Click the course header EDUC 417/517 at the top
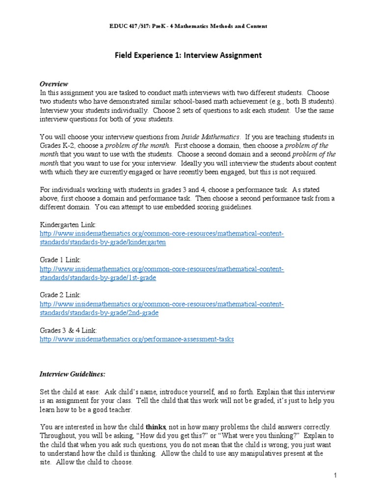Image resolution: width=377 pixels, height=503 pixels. [188, 27]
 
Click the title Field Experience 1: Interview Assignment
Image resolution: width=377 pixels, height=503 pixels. [188, 56]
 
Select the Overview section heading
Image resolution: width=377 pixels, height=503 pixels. [54, 84]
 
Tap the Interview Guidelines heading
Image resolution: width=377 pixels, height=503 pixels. [72, 374]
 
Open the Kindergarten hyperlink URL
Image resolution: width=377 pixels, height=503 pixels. [162, 238]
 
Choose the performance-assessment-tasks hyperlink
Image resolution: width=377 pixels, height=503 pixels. [136, 339]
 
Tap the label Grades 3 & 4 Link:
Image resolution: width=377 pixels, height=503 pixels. [68, 331]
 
